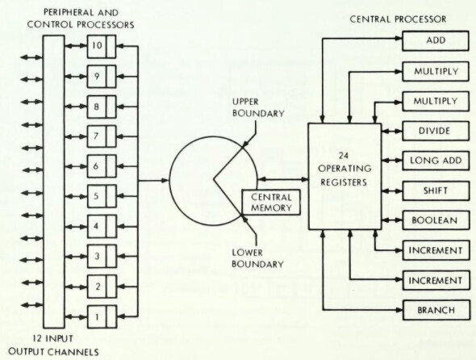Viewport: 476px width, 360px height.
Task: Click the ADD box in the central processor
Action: point(436,40)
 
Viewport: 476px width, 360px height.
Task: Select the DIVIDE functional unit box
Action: point(436,131)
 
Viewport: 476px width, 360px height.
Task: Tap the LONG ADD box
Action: point(436,161)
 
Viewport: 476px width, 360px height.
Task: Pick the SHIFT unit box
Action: point(436,190)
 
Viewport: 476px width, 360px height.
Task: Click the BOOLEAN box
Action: point(436,220)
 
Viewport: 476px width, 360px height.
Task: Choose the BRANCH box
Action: point(436,310)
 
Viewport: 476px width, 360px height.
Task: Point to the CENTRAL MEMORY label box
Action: point(271,203)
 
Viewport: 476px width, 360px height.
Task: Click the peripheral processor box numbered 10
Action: point(102,46)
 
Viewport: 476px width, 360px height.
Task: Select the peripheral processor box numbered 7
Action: point(102,136)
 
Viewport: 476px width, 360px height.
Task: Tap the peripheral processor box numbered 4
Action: point(102,226)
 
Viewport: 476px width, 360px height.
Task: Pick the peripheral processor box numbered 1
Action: point(102,317)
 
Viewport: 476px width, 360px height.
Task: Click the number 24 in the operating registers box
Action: point(344,156)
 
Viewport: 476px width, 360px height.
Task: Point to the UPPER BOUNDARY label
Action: point(258,107)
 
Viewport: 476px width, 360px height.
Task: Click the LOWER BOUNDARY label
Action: point(257,258)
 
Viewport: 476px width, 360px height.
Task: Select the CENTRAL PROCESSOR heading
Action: point(398,19)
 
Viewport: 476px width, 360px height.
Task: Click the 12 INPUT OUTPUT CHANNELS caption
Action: point(53,345)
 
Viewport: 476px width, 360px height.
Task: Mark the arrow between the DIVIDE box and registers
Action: point(391,132)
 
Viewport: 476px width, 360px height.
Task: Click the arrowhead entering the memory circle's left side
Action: point(165,181)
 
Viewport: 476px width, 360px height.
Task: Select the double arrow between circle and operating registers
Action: point(283,179)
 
